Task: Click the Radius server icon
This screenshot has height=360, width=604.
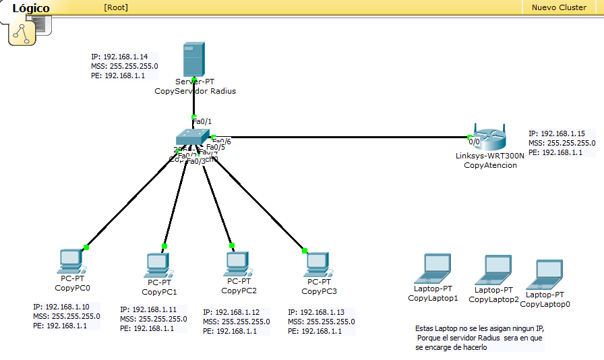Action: [193, 59]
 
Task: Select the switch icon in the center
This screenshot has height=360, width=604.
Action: [193, 137]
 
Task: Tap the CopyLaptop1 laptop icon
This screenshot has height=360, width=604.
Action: [433, 269]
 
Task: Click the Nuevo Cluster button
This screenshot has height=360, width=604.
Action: [559, 7]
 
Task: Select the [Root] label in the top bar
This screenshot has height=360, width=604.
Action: [116, 7]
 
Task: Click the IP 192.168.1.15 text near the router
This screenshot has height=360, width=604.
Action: [556, 134]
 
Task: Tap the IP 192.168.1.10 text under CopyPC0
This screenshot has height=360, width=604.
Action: [61, 307]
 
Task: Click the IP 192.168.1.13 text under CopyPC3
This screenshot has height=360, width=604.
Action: [315, 313]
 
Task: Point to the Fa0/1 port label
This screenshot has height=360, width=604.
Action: [202, 121]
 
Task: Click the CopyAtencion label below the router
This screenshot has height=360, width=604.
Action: [490, 165]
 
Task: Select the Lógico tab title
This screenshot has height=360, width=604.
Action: [31, 8]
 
